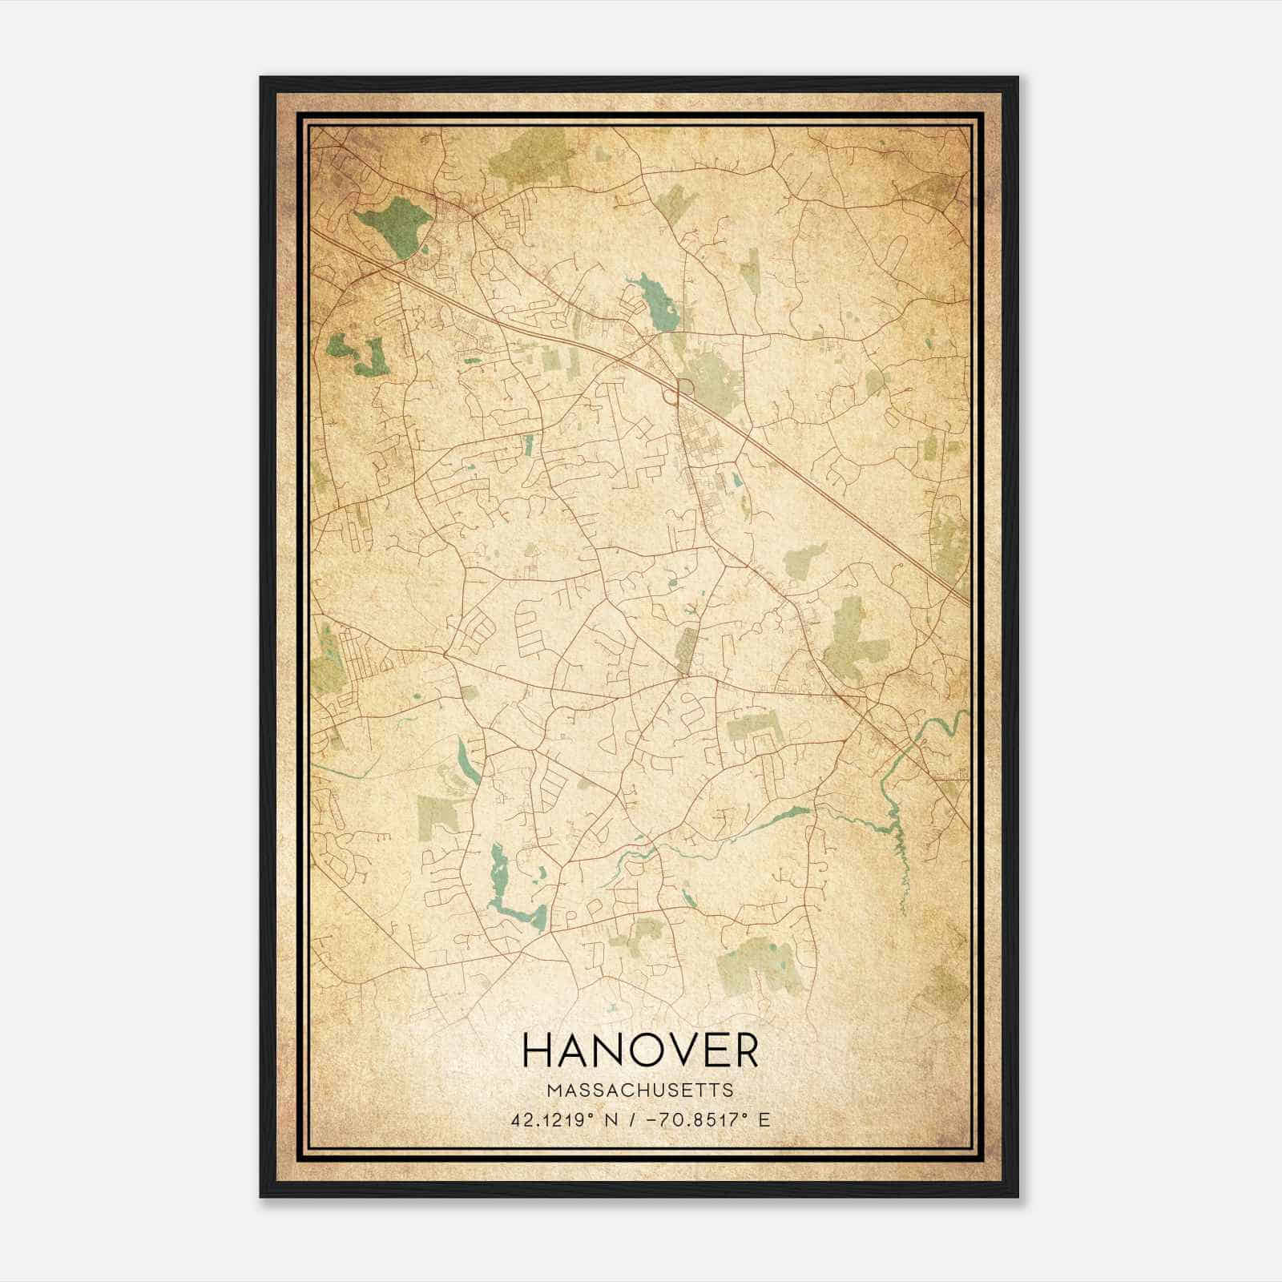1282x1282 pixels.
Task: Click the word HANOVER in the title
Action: pos(640,1050)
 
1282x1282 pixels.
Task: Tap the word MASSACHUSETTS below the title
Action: pos(640,1090)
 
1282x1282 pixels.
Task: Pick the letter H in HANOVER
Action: pos(538,1050)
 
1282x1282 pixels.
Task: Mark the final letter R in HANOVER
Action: pos(744,1050)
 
